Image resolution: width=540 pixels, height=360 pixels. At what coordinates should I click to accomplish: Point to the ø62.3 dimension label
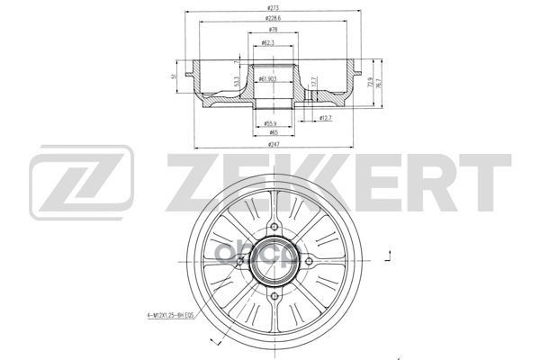(x=268, y=42)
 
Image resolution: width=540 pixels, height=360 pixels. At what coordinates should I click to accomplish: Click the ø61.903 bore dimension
(x=266, y=79)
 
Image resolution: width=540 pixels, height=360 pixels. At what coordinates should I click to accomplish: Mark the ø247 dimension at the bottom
(x=274, y=145)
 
